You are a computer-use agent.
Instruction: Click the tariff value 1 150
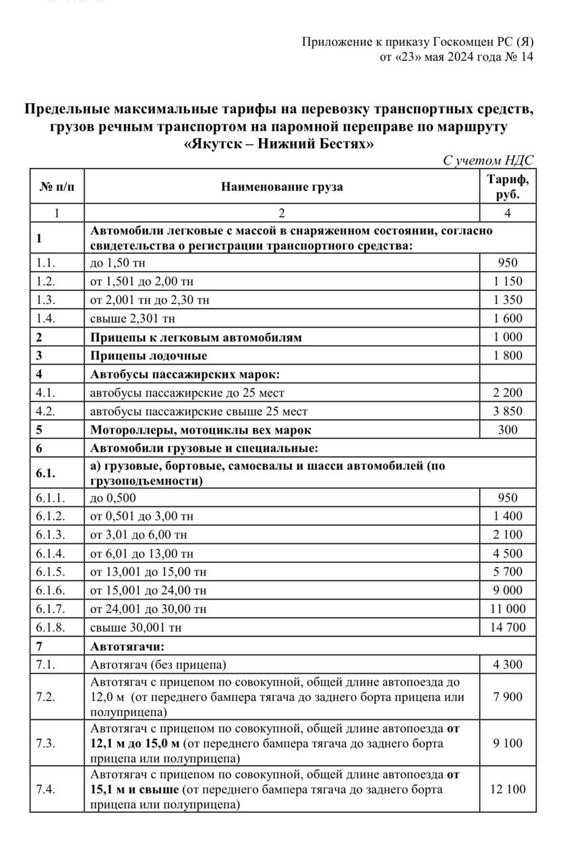(508, 281)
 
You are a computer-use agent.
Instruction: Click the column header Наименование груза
(282, 187)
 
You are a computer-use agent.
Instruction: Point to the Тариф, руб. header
(508, 187)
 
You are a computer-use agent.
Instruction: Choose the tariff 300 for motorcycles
(508, 429)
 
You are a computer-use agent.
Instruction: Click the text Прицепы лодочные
(148, 355)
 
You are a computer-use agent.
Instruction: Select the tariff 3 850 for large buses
(508, 411)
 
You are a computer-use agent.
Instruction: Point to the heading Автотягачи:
(123, 646)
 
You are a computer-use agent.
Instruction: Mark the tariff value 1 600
(508, 318)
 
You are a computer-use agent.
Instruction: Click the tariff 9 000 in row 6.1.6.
(508, 591)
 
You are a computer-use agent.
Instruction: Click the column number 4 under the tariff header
(508, 213)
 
